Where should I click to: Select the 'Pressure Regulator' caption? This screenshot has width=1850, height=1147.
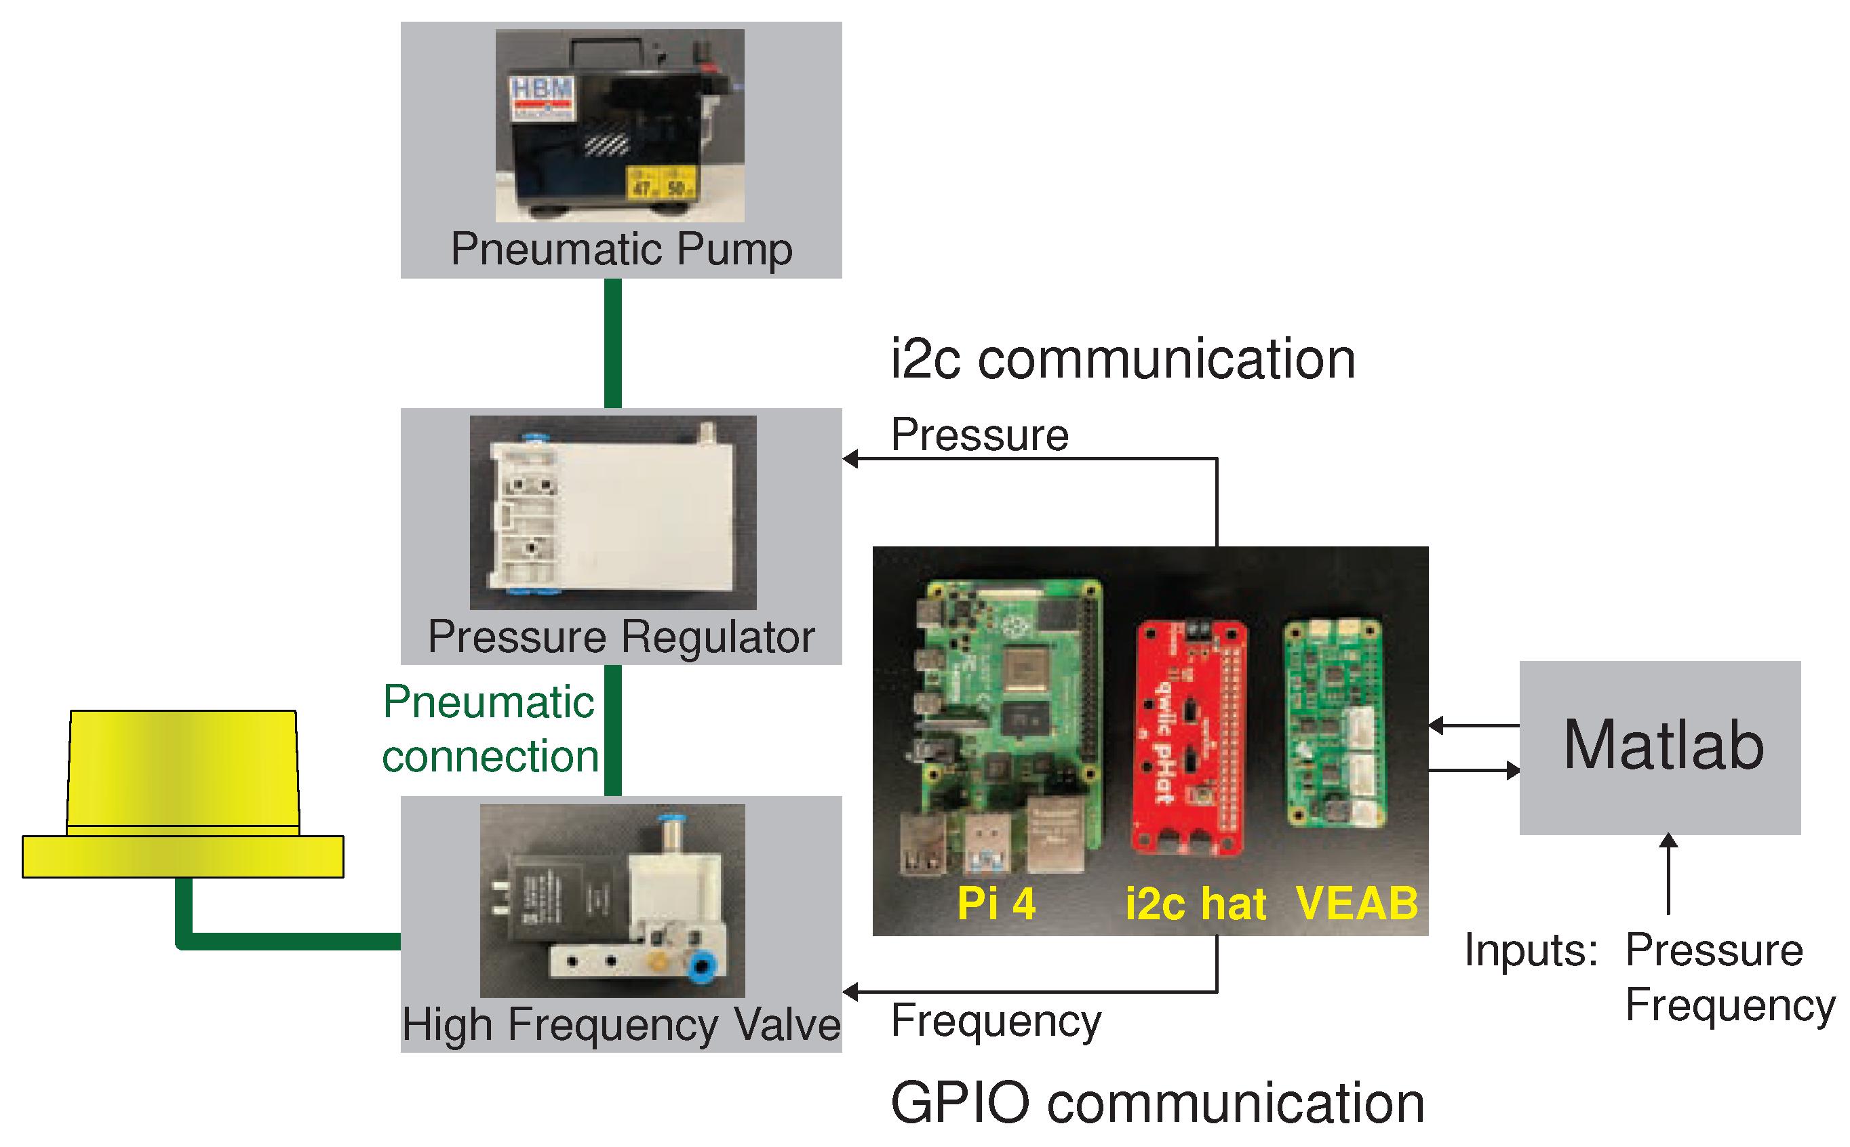pos(621,637)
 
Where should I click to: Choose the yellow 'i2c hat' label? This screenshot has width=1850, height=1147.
pos(1195,904)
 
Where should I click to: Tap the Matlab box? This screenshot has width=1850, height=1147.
pos(1659,747)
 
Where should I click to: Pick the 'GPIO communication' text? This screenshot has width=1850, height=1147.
pos(1156,1103)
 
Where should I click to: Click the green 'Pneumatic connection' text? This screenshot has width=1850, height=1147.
pos(490,728)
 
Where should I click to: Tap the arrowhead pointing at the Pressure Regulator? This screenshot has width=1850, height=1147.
pos(850,459)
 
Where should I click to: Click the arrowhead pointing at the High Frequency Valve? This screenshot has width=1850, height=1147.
pos(850,992)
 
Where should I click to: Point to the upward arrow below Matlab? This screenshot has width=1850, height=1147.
pos(1668,872)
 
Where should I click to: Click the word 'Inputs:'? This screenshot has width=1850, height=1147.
pos(1530,950)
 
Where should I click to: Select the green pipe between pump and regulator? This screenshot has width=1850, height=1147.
pos(612,343)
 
